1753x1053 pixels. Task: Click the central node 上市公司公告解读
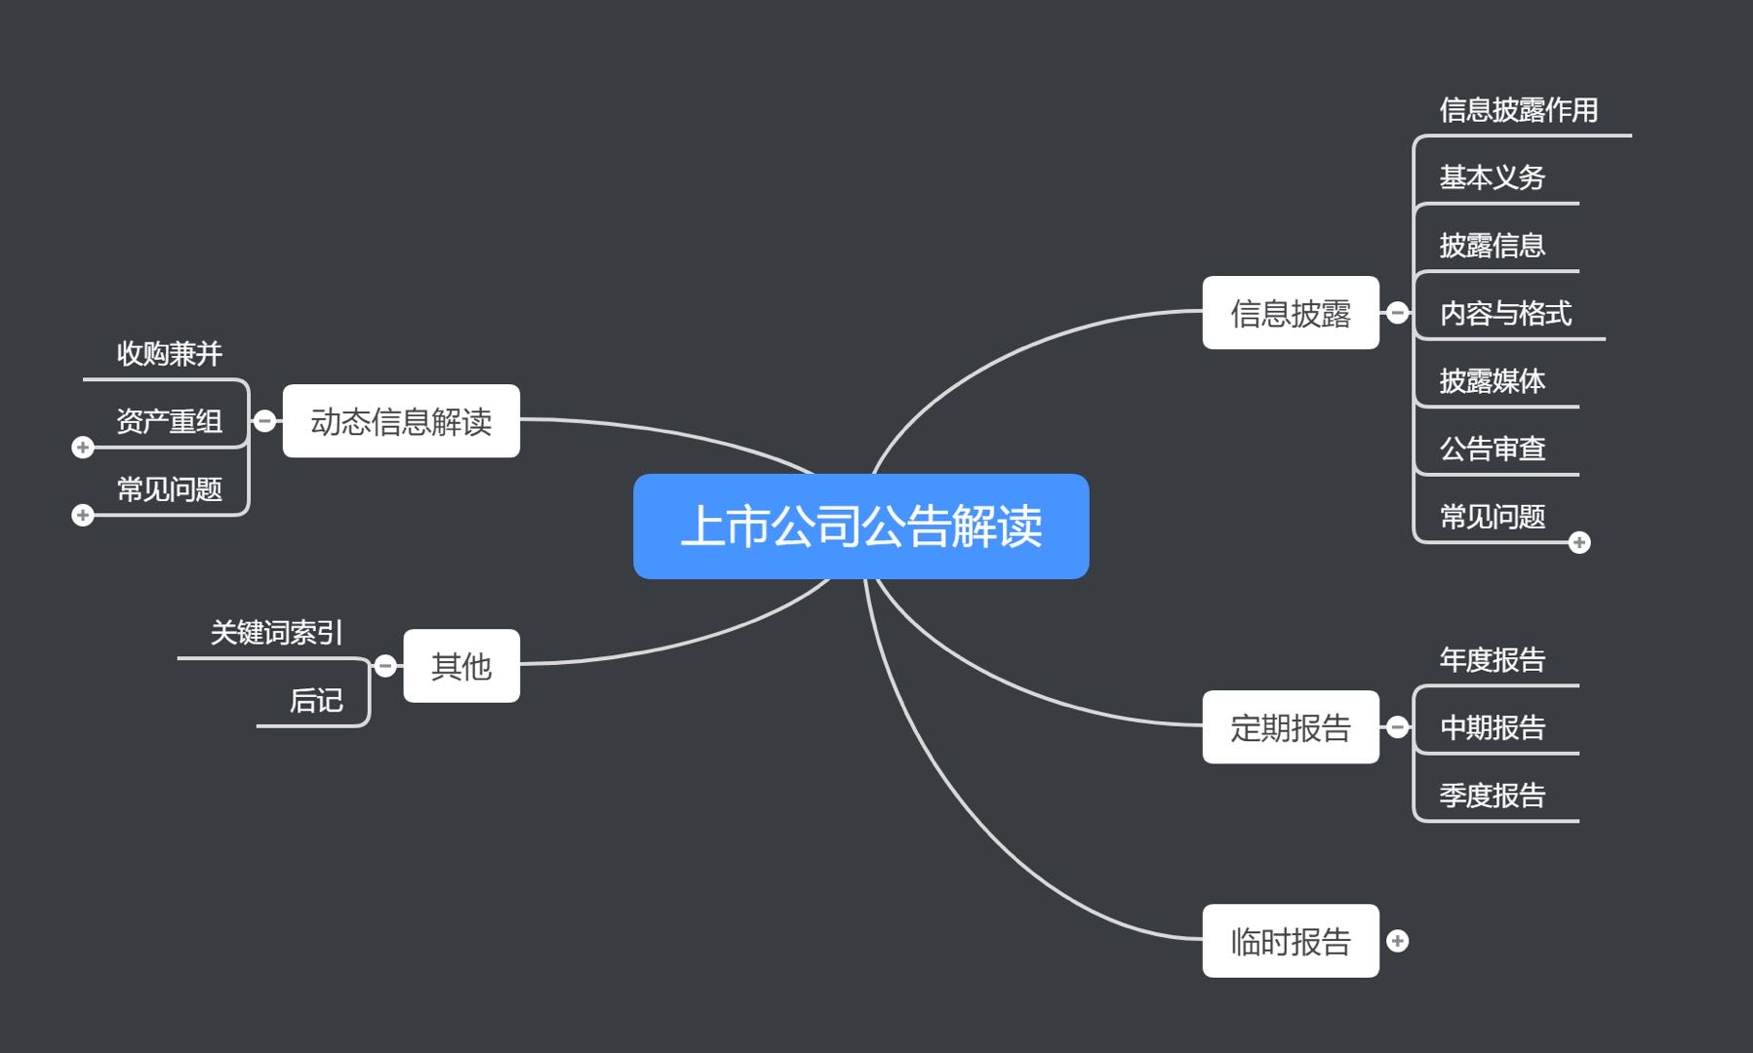860,526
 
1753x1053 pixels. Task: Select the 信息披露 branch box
1290,313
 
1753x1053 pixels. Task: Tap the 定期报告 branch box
1290,727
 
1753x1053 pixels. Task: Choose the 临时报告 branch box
1290,941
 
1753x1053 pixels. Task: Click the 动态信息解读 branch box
401,421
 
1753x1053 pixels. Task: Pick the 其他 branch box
461,666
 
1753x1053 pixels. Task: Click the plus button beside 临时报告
1397,941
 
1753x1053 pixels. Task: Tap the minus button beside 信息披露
1397,313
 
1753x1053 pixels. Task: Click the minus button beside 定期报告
1397,727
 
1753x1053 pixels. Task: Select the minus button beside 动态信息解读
264,421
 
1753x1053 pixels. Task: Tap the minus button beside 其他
385,666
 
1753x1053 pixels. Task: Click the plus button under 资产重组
83,448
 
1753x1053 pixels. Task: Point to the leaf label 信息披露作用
1518,110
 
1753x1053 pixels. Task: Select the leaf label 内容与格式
1505,313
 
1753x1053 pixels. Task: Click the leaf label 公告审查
1493,448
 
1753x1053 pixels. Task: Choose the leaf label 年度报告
1493,660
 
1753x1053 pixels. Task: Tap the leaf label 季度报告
1493,796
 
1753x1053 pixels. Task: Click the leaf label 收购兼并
170,353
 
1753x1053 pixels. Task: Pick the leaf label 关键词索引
277,633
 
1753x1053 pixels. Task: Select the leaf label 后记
316,700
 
